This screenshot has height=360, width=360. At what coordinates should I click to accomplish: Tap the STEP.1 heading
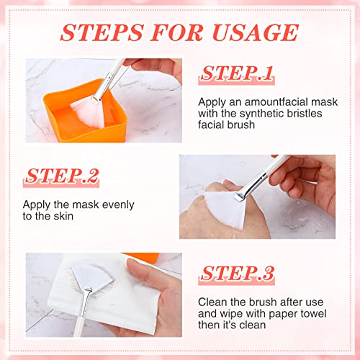point(237,73)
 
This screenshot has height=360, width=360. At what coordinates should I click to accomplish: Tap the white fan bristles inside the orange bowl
point(90,107)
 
